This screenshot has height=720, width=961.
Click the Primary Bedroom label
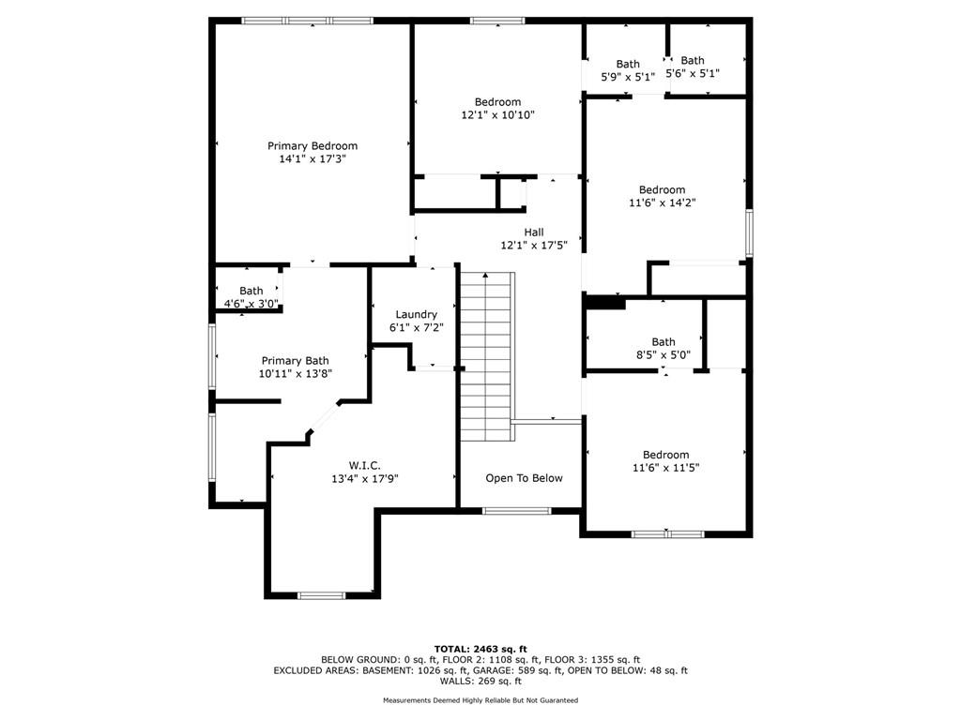point(313,146)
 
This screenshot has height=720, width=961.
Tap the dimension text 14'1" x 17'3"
point(313,159)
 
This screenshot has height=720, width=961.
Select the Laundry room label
point(416,315)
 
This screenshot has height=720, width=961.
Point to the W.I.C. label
point(365,466)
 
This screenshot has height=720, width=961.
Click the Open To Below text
point(524,478)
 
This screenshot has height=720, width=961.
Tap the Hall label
point(534,232)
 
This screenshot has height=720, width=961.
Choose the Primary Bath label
point(296,361)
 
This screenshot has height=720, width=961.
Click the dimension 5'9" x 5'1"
point(628,77)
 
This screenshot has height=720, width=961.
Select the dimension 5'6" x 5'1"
point(693,73)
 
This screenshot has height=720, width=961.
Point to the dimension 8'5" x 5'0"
point(664,355)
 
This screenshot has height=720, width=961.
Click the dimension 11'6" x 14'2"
point(663,202)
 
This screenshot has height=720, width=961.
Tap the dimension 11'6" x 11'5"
point(666,468)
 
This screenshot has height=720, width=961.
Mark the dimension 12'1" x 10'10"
point(497,115)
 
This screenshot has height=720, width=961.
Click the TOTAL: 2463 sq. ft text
point(480,649)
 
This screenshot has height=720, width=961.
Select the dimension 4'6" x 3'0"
point(252,304)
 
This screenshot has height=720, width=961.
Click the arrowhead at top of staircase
point(485,276)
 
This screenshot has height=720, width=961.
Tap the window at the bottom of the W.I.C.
point(321,595)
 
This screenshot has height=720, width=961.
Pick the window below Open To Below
point(517,511)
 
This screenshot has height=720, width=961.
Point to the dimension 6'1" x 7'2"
point(416,328)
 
